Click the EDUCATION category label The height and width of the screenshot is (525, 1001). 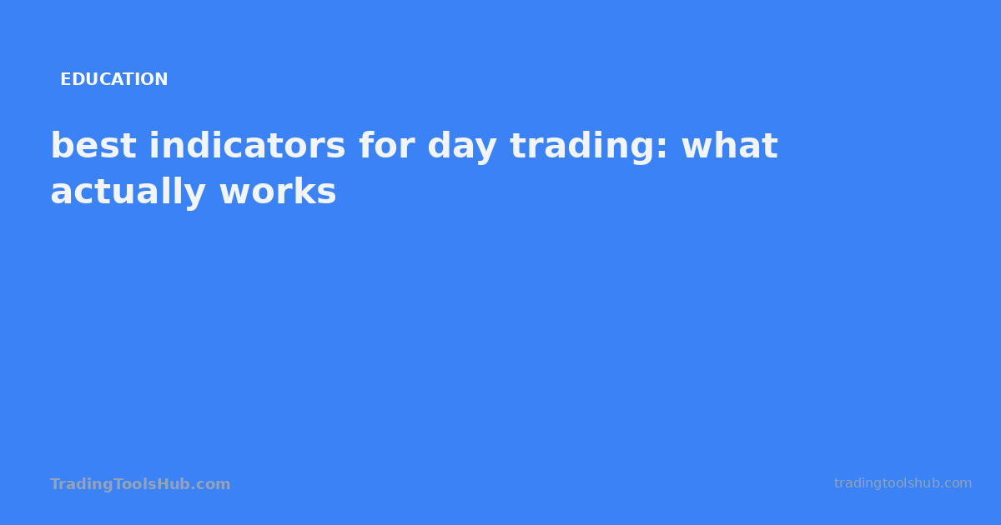click(113, 80)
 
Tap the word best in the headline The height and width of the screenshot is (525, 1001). click(93, 147)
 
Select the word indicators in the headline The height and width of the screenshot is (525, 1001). click(247, 147)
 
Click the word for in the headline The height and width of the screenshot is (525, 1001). click(386, 147)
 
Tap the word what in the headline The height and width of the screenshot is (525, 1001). click(729, 147)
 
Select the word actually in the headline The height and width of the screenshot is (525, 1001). click(128, 193)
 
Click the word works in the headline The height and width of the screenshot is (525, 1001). click(277, 192)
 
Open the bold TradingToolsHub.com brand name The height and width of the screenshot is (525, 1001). click(140, 484)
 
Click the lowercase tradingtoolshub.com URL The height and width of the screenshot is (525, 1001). click(903, 483)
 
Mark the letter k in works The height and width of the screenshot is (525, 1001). click(304, 192)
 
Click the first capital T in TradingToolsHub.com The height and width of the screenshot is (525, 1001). click(54, 484)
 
